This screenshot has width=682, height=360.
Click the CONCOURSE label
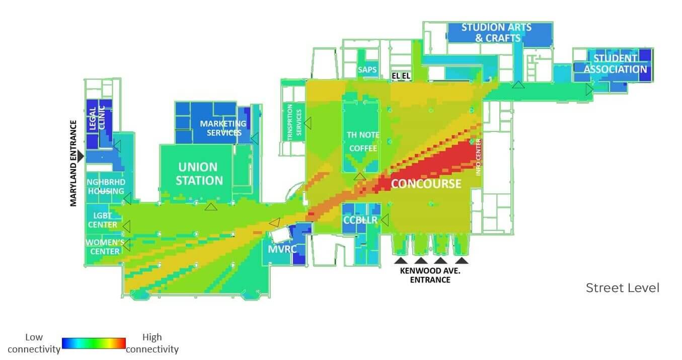coord(426,184)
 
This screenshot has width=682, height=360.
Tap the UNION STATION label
coord(199,173)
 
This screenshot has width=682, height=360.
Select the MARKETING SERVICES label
coord(223,128)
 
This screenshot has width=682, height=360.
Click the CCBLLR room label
coord(360,221)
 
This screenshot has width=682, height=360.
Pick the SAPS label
coord(367,69)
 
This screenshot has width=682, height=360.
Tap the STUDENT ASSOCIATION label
coord(615,64)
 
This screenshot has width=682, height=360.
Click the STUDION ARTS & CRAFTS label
coord(496,32)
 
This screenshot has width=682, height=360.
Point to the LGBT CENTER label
coord(103,220)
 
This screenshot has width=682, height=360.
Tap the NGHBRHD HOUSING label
coord(106,186)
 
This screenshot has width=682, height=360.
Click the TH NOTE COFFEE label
coord(363,141)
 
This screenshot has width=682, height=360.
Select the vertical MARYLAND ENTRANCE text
coord(73,163)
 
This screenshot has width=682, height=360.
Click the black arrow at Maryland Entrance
coord(81,157)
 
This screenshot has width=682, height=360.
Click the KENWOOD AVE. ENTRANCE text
coord(430,275)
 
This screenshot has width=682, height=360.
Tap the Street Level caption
coord(622,288)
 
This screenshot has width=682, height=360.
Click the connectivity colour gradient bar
coord(94,343)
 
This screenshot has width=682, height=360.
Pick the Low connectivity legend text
coord(33,343)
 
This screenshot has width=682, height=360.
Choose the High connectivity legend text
coord(152,343)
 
